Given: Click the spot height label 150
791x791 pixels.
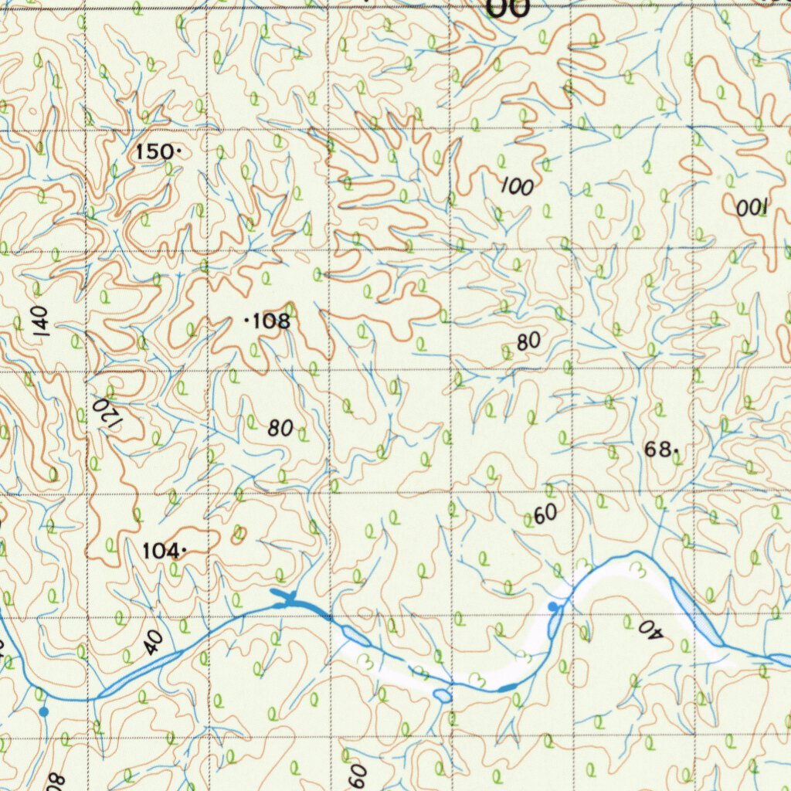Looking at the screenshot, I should (x=154, y=152).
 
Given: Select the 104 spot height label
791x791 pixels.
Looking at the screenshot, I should (x=160, y=551).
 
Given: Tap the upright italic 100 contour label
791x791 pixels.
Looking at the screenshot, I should (x=517, y=186).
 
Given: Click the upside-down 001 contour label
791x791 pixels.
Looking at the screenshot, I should (x=751, y=207).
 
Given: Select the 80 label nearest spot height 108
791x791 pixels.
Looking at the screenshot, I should (x=281, y=429).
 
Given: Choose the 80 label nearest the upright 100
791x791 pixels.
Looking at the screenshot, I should (x=529, y=341).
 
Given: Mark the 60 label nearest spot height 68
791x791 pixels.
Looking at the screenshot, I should (x=545, y=513).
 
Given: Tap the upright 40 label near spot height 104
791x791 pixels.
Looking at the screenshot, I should (x=153, y=642).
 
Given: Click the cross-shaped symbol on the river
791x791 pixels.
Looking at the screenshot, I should (x=286, y=597).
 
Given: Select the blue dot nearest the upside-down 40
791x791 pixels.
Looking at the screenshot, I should (x=552, y=606).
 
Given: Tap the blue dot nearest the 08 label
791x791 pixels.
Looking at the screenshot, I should (x=44, y=711).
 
